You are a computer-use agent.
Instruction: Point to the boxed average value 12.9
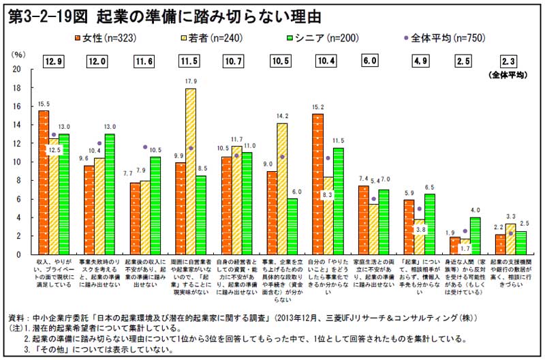click(55, 61)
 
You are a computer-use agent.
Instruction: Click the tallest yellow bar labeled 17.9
click(191, 171)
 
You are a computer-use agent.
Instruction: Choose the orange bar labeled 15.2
click(317, 183)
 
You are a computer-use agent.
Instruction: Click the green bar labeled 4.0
click(475, 235)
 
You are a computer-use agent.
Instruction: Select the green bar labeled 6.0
click(292, 226)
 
